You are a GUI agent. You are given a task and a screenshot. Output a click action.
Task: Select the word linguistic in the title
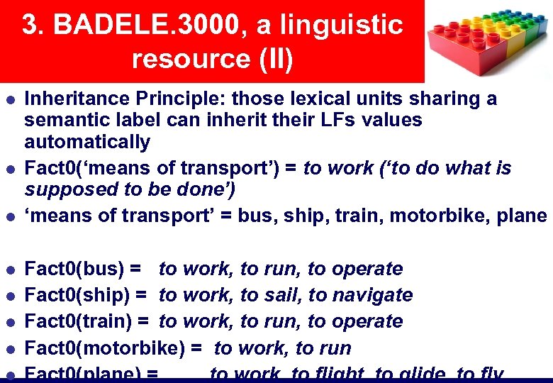point(340,26)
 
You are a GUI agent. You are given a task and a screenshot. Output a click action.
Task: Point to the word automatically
point(87,142)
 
